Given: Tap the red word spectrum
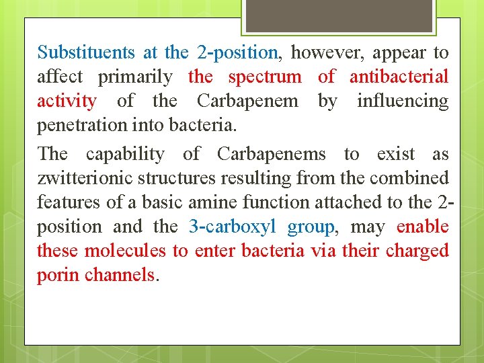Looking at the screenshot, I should (x=265, y=77).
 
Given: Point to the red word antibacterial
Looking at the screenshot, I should (x=399, y=77).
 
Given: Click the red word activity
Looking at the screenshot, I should (x=67, y=102).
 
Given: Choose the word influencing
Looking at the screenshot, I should (x=403, y=102).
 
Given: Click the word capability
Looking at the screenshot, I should (x=125, y=154).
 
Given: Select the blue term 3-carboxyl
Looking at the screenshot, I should (x=233, y=227).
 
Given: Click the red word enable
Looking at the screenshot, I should (x=422, y=227).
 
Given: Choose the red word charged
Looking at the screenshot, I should (x=417, y=251).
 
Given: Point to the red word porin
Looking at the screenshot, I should (x=58, y=276).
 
